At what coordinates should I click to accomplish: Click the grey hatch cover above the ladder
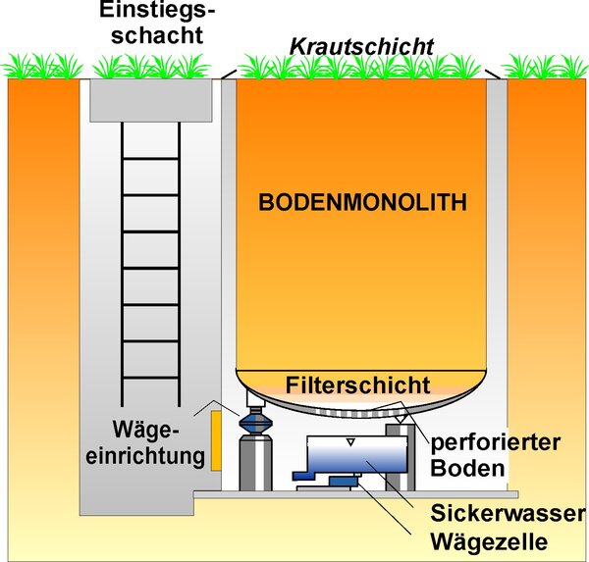151,95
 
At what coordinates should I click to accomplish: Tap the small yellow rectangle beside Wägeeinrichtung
212,439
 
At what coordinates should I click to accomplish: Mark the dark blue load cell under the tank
339,480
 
